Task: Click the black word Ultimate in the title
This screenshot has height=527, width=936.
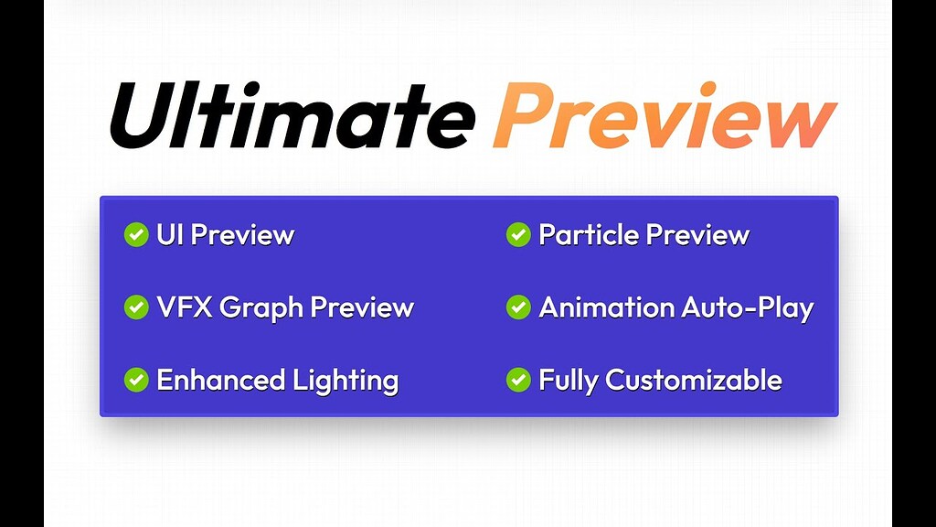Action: point(291,117)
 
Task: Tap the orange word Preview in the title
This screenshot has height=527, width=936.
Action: point(665,117)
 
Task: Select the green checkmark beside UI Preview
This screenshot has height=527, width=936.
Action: point(136,235)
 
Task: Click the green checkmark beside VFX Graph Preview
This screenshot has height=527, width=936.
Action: point(136,307)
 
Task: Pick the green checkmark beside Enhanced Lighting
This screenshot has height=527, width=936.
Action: point(136,380)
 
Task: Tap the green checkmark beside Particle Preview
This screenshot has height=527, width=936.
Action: point(518,235)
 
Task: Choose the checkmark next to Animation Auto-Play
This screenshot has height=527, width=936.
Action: point(518,307)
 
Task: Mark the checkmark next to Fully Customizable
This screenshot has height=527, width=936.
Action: point(518,380)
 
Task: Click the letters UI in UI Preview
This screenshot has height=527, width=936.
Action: point(171,235)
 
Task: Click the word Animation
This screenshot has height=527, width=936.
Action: point(604,307)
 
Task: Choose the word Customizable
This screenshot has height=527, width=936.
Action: point(694,380)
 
